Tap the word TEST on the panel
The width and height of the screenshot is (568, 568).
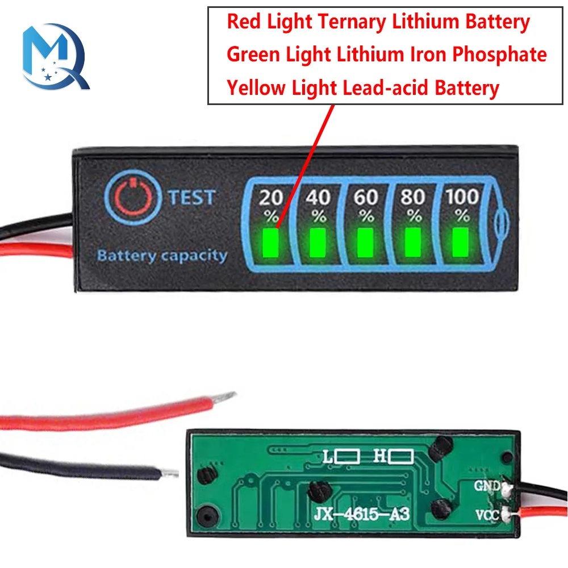point(192,197)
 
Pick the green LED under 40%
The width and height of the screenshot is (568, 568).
point(318,241)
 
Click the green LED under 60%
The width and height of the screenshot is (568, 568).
point(366,241)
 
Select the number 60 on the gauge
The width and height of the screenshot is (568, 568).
point(366,197)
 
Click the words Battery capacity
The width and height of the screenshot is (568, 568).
point(162,256)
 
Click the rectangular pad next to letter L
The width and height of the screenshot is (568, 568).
point(347,456)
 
